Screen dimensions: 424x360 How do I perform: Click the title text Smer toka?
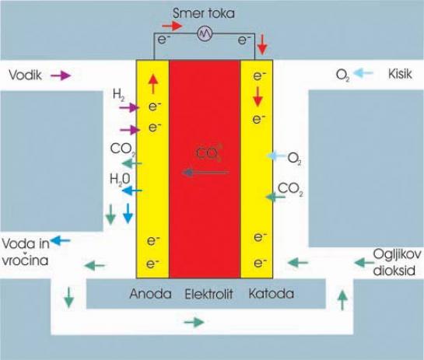(203, 13)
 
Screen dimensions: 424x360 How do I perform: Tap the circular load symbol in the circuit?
(205, 33)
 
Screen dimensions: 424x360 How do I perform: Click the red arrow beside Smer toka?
(172, 26)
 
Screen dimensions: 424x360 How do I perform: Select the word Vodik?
(26, 75)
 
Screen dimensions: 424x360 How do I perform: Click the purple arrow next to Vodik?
(61, 75)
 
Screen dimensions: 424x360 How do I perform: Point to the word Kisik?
(400, 74)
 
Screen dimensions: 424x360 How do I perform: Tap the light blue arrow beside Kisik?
(363, 73)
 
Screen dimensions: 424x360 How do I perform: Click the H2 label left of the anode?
(118, 95)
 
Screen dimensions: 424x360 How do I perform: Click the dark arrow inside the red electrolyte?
(205, 172)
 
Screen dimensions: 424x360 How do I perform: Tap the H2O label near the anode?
(120, 179)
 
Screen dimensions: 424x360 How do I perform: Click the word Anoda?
(150, 294)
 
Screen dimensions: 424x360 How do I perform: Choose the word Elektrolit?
(208, 294)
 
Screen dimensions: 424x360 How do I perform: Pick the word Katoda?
(271, 293)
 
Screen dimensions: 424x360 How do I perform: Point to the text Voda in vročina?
(26, 252)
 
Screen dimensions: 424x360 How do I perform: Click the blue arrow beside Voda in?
(60, 240)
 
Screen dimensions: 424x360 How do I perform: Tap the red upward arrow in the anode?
(153, 84)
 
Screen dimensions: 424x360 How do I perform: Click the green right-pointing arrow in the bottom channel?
(194, 322)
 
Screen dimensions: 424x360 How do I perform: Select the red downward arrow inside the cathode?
(258, 96)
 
